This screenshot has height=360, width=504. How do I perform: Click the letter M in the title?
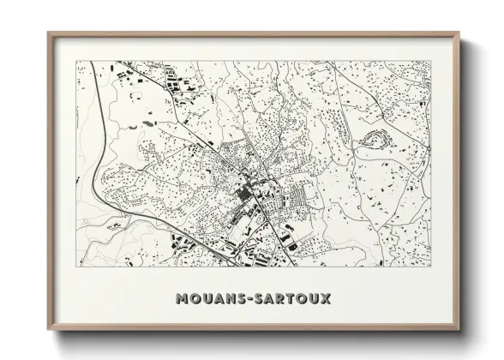click(x=182, y=299)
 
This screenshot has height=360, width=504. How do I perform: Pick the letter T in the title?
click(x=292, y=299)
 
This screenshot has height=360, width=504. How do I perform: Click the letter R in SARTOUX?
click(x=281, y=299)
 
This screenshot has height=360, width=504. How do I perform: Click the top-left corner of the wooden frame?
click(x=49, y=34)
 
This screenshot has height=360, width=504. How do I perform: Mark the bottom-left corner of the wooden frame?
click(x=49, y=328)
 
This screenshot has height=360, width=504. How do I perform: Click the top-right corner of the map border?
click(x=430, y=61)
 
